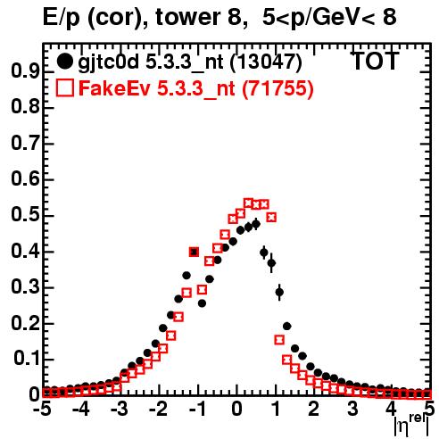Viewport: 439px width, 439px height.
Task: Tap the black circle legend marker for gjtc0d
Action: tap(64, 62)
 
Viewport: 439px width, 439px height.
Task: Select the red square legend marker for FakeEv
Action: tap(64, 87)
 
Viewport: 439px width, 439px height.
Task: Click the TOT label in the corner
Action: tap(375, 61)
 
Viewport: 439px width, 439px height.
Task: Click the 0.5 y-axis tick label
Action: tap(25, 215)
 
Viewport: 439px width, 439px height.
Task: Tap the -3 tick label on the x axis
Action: tap(120, 409)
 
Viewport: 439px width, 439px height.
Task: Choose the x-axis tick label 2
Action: tap(314, 409)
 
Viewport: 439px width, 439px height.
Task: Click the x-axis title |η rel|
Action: tap(411, 425)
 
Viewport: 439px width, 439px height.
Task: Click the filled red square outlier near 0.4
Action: tap(194, 252)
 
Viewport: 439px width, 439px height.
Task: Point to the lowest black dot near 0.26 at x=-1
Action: tap(202, 303)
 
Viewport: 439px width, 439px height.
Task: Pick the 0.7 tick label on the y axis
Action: tap(25, 144)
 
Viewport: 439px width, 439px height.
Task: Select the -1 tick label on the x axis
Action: tap(197, 409)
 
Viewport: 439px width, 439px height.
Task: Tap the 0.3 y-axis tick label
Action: tap(25, 287)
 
